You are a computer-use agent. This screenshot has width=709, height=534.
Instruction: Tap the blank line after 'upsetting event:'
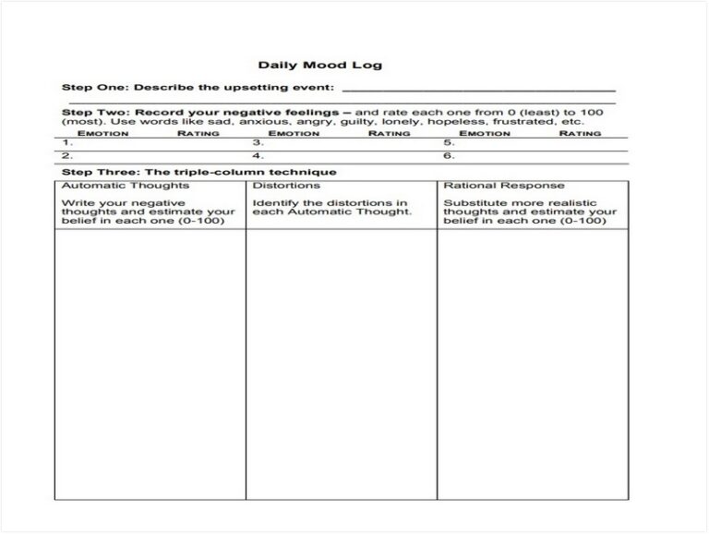click(478, 89)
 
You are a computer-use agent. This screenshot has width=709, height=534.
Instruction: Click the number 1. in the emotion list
click(66, 143)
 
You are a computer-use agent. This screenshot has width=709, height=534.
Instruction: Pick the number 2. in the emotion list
click(66, 156)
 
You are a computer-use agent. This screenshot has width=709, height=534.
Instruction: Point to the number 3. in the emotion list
click(258, 143)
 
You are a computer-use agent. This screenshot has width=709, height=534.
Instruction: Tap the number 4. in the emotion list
click(258, 156)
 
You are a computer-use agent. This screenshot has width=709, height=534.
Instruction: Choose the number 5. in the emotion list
click(449, 143)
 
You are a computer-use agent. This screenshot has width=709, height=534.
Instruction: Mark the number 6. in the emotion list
click(449, 156)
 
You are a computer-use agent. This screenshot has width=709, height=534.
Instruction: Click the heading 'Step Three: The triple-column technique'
click(198, 172)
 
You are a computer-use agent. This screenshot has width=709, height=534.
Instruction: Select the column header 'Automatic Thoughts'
click(112, 186)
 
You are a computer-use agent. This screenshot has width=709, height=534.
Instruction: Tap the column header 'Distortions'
click(286, 186)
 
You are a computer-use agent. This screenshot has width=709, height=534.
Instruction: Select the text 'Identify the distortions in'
click(330, 202)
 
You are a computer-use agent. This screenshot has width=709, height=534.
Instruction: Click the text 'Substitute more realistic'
click(520, 202)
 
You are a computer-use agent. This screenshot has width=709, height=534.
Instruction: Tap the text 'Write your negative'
click(123, 202)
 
